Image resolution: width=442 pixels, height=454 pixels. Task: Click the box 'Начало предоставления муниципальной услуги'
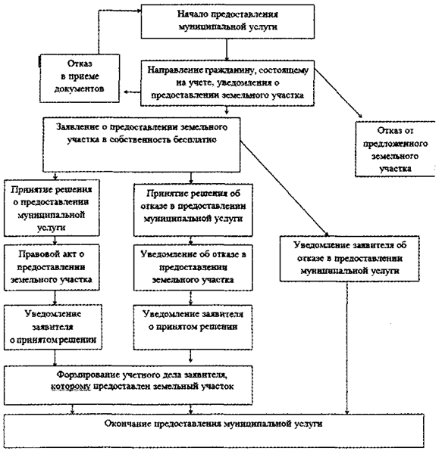(227, 21)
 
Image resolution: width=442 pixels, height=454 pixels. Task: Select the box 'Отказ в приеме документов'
(80, 78)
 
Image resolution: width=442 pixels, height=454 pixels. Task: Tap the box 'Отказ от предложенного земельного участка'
(395, 149)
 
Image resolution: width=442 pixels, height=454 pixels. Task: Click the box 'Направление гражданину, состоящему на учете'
(227, 83)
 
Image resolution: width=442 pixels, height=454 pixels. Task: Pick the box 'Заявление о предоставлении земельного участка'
(142, 145)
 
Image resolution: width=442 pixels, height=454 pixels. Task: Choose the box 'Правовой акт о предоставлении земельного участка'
(52, 267)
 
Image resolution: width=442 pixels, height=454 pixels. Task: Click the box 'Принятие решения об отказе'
(193, 210)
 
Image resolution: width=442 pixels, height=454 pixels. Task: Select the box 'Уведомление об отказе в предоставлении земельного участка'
(193, 268)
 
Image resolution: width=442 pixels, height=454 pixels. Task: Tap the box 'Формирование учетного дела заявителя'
(128, 385)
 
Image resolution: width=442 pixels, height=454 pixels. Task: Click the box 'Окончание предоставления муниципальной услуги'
(214, 431)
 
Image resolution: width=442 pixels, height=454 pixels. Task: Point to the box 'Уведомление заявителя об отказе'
(350, 259)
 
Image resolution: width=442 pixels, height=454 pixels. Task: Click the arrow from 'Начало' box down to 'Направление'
(227, 49)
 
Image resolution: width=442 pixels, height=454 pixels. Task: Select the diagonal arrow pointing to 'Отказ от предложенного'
(338, 93)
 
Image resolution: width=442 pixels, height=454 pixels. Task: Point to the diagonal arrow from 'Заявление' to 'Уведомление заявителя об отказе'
(284, 188)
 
